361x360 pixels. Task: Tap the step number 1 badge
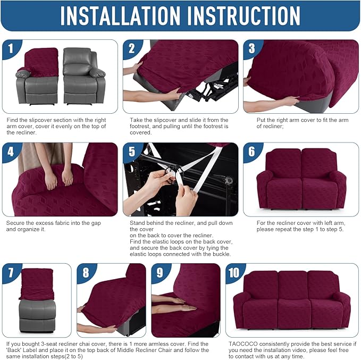click(10, 49)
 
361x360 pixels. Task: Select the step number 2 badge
click(132, 49)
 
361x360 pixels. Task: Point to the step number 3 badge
click(252, 49)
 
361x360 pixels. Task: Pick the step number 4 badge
click(11, 152)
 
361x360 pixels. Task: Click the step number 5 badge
click(132, 152)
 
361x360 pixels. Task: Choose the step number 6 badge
click(252, 152)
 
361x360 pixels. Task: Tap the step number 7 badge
click(11, 273)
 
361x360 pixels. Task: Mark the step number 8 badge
click(86, 273)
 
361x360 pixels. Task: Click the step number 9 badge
click(161, 273)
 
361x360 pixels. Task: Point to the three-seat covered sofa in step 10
click(293, 300)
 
